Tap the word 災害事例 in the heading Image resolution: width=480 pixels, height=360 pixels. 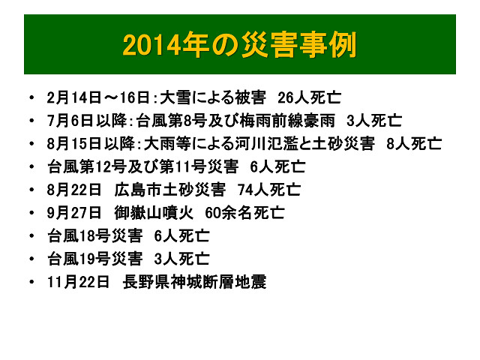tap(299, 45)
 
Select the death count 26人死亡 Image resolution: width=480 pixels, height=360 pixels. tap(309, 98)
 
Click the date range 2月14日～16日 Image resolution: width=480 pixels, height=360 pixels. tap(98, 98)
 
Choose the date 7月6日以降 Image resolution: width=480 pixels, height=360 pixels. tap(87, 121)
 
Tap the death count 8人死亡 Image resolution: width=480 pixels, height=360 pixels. tap(414, 144)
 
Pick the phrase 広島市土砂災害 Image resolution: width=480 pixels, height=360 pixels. tap(170, 190)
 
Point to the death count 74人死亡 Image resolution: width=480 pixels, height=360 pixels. tap(269, 190)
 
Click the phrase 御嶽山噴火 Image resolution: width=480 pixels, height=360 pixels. tap(154, 213)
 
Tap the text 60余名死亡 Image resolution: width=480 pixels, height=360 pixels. tap(245, 213)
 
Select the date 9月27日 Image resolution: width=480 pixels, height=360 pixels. tap(74, 213)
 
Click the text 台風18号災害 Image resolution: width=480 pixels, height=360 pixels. tap(95, 236)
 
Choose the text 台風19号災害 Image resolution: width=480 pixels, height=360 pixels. tap(95, 259)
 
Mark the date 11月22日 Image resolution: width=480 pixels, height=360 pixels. tap(78, 282)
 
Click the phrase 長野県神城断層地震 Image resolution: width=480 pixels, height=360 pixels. tap(195, 282)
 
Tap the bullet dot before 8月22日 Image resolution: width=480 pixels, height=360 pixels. tap(31, 190)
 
